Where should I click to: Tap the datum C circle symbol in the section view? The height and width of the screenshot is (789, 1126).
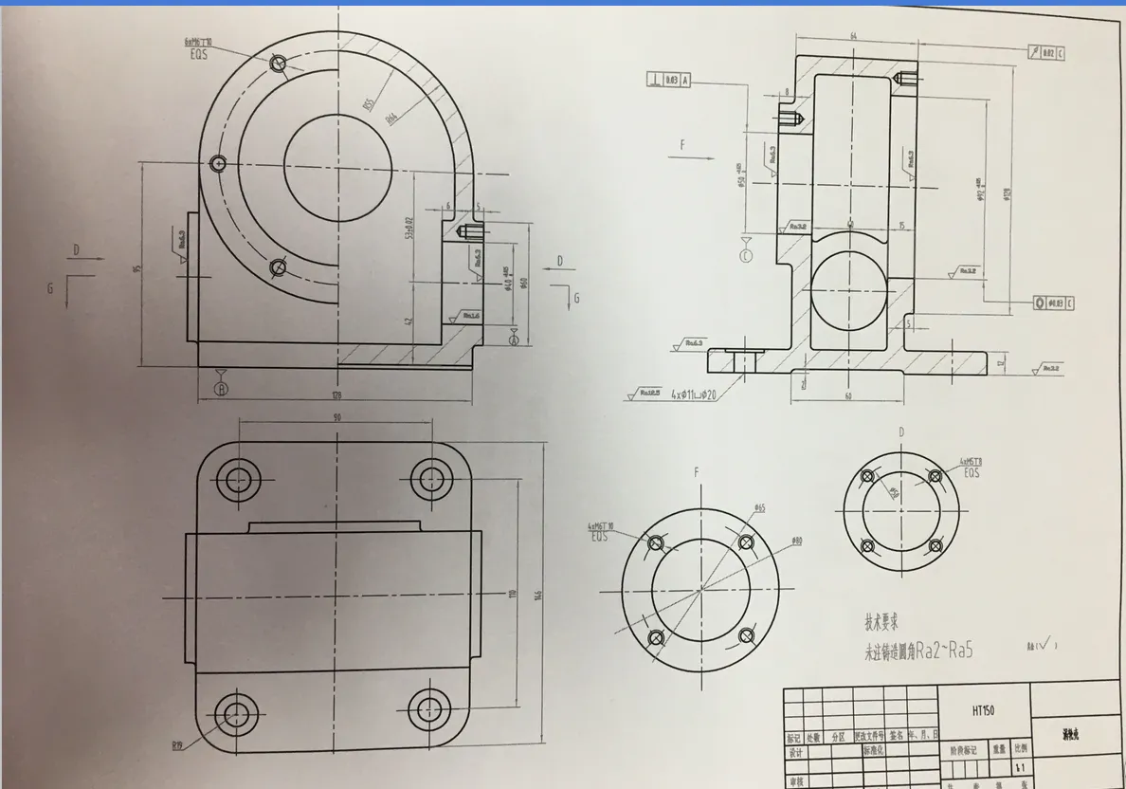[x=746, y=255]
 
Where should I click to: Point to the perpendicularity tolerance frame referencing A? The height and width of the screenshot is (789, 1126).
[x=668, y=81]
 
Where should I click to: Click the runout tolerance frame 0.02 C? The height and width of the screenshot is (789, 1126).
[x=1046, y=53]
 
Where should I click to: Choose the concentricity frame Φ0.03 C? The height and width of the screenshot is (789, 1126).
[x=1054, y=303]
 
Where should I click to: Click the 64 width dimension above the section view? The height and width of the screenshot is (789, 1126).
[x=854, y=35]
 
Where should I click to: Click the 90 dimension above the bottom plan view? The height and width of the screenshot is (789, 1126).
[x=337, y=416]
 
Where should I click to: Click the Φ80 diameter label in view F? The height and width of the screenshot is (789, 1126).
[x=796, y=541]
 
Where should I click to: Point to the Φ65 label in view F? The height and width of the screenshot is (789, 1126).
[x=759, y=508]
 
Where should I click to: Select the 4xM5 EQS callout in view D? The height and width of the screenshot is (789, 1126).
[x=971, y=466]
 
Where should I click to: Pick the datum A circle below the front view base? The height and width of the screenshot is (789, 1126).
[x=222, y=388]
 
